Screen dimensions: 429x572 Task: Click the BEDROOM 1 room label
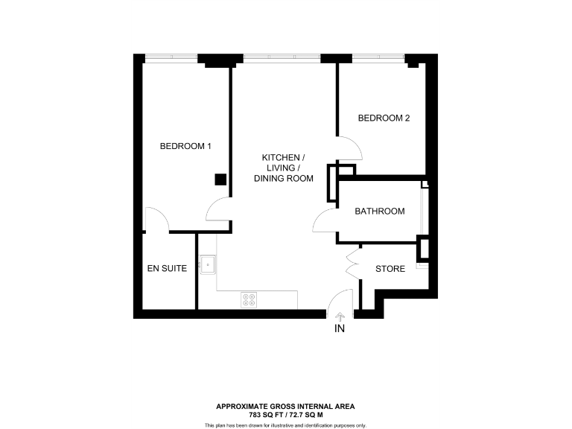[x=185, y=146]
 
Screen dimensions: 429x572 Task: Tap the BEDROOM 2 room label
[x=384, y=118]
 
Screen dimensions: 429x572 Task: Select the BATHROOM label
[x=379, y=212]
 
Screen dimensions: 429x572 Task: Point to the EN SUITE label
[x=165, y=268]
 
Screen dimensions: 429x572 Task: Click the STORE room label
[x=390, y=269]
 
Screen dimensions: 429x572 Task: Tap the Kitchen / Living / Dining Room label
[x=283, y=168]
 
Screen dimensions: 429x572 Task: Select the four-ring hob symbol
[x=249, y=299]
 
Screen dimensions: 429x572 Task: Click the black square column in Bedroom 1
[x=220, y=179]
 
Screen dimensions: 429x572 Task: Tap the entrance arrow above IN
[x=340, y=317]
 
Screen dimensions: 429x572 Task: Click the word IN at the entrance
[x=340, y=328]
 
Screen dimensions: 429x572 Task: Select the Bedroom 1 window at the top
[x=171, y=57]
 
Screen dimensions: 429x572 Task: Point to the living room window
[x=282, y=57]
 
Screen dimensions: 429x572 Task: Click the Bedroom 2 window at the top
[x=378, y=57]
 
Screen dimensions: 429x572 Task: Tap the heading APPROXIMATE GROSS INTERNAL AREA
[x=285, y=407]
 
